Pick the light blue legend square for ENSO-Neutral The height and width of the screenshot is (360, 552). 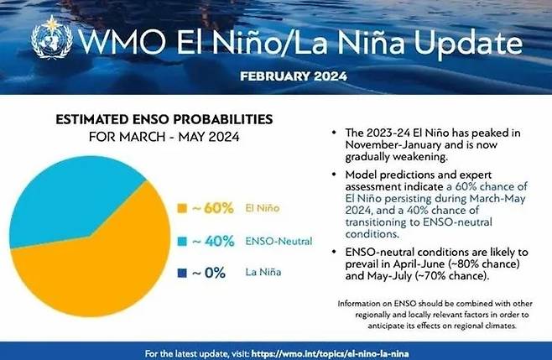click(182, 242)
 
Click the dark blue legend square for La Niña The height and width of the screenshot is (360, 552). click(182, 273)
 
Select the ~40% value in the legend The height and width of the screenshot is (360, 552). click(213, 242)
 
